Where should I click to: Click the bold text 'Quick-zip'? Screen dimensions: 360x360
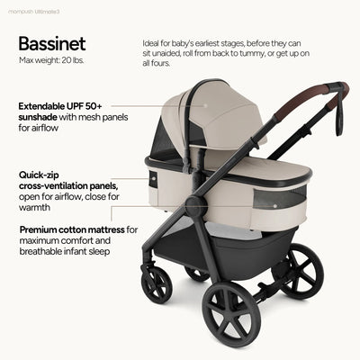coord(43,175)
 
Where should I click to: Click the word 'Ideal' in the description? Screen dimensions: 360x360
coord(152,43)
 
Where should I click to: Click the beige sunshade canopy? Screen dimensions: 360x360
coord(220,117)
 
